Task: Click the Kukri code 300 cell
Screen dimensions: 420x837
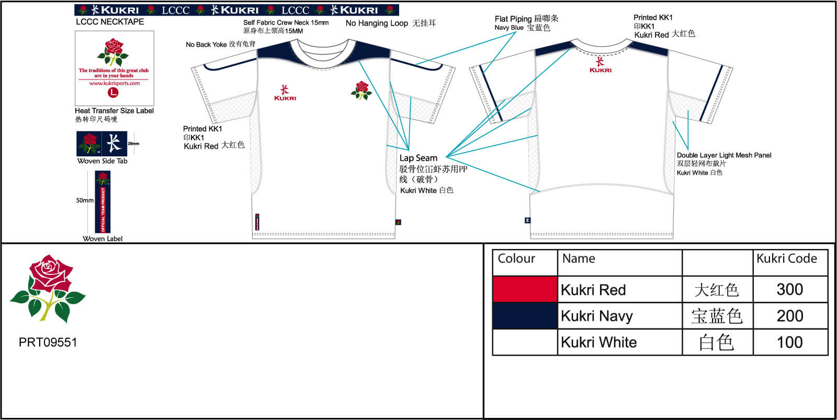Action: tap(789, 289)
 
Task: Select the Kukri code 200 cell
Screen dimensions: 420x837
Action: tap(789, 316)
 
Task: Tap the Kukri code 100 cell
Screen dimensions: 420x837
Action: tap(789, 342)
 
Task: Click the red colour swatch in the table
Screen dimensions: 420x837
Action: tap(525, 289)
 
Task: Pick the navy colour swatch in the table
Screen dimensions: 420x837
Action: tap(525, 316)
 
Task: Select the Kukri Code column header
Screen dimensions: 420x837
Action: tap(786, 258)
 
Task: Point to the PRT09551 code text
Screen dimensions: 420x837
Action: tap(48, 343)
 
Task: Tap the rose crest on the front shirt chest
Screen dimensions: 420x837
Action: tap(361, 90)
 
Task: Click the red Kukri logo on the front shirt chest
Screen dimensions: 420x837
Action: tap(285, 93)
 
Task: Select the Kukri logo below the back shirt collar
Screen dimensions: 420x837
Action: tap(600, 65)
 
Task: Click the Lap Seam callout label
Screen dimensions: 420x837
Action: tap(418, 158)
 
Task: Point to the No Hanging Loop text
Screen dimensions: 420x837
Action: tap(377, 23)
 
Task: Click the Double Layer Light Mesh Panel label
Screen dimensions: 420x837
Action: tap(724, 155)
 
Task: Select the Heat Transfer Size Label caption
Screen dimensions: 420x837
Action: tap(114, 111)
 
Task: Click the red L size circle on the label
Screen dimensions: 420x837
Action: tap(113, 93)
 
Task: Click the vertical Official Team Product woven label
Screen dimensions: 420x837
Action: tap(103, 203)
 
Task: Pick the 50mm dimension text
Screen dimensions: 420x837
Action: tap(85, 200)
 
